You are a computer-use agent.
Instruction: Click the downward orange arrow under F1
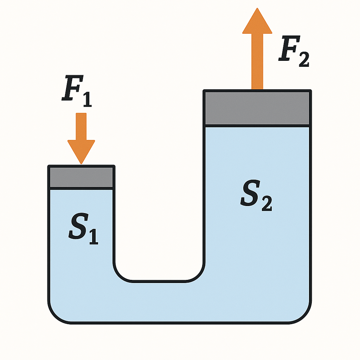(x=81, y=137)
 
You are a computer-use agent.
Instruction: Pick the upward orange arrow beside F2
(x=257, y=49)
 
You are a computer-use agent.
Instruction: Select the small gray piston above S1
(x=81, y=177)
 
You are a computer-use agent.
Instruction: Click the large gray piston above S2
(x=257, y=108)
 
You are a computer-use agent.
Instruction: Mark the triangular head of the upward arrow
(x=257, y=22)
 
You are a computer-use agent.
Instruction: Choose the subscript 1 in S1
(x=93, y=238)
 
